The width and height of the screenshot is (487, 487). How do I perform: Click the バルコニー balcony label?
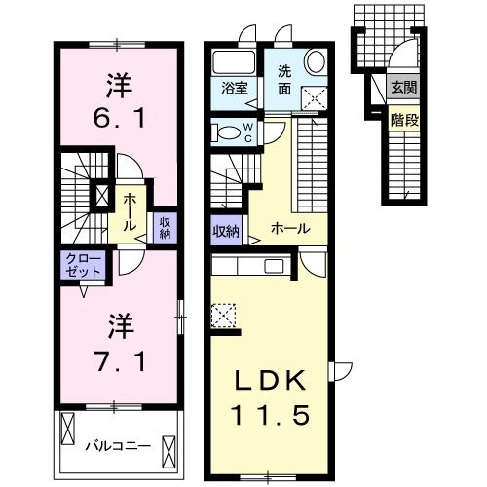[116, 446]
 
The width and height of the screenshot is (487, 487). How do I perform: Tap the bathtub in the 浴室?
[230, 59]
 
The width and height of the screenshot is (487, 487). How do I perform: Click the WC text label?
[247, 131]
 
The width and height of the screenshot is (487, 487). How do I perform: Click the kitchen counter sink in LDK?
[271, 265]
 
